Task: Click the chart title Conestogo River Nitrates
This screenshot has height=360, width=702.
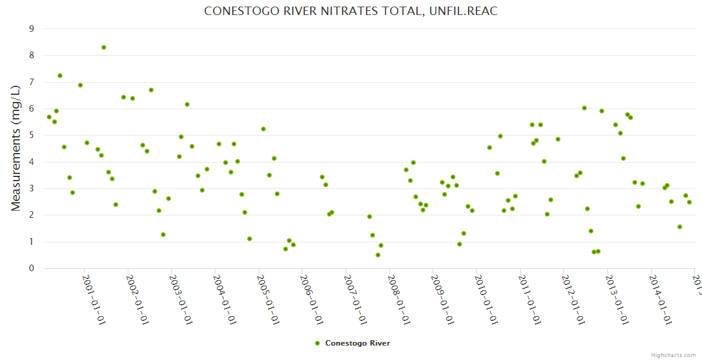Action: point(351,11)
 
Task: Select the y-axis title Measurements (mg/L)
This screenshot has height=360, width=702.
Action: point(16,148)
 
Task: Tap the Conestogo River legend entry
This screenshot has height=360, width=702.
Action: point(353,343)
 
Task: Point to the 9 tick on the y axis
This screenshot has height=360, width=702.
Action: point(31,29)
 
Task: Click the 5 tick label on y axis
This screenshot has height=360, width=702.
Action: point(31,136)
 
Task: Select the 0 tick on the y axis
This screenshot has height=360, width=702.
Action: point(31,269)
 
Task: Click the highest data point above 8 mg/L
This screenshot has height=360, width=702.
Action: point(104,47)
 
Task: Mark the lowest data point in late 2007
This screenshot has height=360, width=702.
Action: point(378,255)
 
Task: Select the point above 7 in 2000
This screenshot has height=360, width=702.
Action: point(60,76)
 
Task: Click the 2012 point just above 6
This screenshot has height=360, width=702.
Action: point(584,108)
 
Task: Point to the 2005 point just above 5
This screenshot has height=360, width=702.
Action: point(263,129)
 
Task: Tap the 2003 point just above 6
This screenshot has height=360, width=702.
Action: point(187,104)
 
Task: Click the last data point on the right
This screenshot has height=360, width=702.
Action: point(689,202)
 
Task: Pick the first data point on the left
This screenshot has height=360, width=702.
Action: point(49,117)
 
